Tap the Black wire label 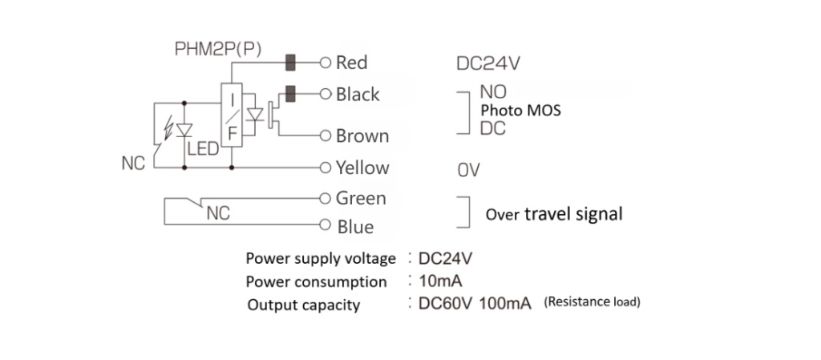point(358,95)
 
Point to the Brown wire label point(362,136)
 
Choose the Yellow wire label point(362,168)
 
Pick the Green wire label point(361,197)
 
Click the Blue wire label point(354,227)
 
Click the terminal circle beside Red point(326,62)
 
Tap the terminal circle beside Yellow point(326,168)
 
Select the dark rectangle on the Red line point(292,62)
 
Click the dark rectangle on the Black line point(292,94)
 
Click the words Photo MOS point(520,111)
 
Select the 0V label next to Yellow point(468,170)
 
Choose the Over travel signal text point(554,215)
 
